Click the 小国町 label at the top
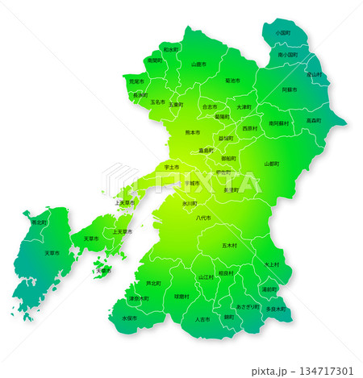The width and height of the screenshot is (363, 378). click(282, 33)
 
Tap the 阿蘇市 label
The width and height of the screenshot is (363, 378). click(290, 90)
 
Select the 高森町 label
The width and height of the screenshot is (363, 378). click(314, 121)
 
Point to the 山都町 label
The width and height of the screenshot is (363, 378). click(272, 164)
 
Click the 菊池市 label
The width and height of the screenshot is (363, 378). click(232, 81)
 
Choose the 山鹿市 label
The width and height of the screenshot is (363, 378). click(198, 64)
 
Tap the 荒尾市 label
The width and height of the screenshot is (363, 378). click(136, 81)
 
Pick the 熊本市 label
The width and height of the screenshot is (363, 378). click(193, 132)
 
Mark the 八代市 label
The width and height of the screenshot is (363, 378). click(202, 218)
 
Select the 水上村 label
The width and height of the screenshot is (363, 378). click(271, 264)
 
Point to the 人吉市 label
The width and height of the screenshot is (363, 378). click(202, 319)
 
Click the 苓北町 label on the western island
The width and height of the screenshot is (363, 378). click(39, 222)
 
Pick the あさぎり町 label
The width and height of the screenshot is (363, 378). click(248, 306)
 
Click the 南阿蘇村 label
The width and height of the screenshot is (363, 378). click(279, 123)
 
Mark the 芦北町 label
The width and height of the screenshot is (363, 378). click(153, 284)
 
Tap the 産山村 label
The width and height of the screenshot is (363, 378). click(314, 75)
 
